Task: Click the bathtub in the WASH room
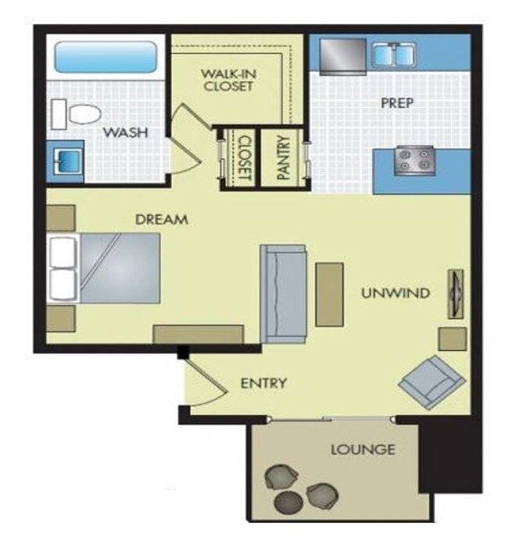coord(105,57)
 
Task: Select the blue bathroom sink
coord(63,160)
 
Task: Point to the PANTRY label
coord(282,160)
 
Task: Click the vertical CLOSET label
coord(244,159)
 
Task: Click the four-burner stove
coord(413,160)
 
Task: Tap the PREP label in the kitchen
coord(396,102)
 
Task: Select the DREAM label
coord(162,220)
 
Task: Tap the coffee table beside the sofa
coord(329,294)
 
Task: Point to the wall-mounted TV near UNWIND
coord(455,293)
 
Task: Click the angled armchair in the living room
coord(432,381)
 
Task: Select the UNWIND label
coord(395,293)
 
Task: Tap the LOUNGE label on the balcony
coord(362,450)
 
